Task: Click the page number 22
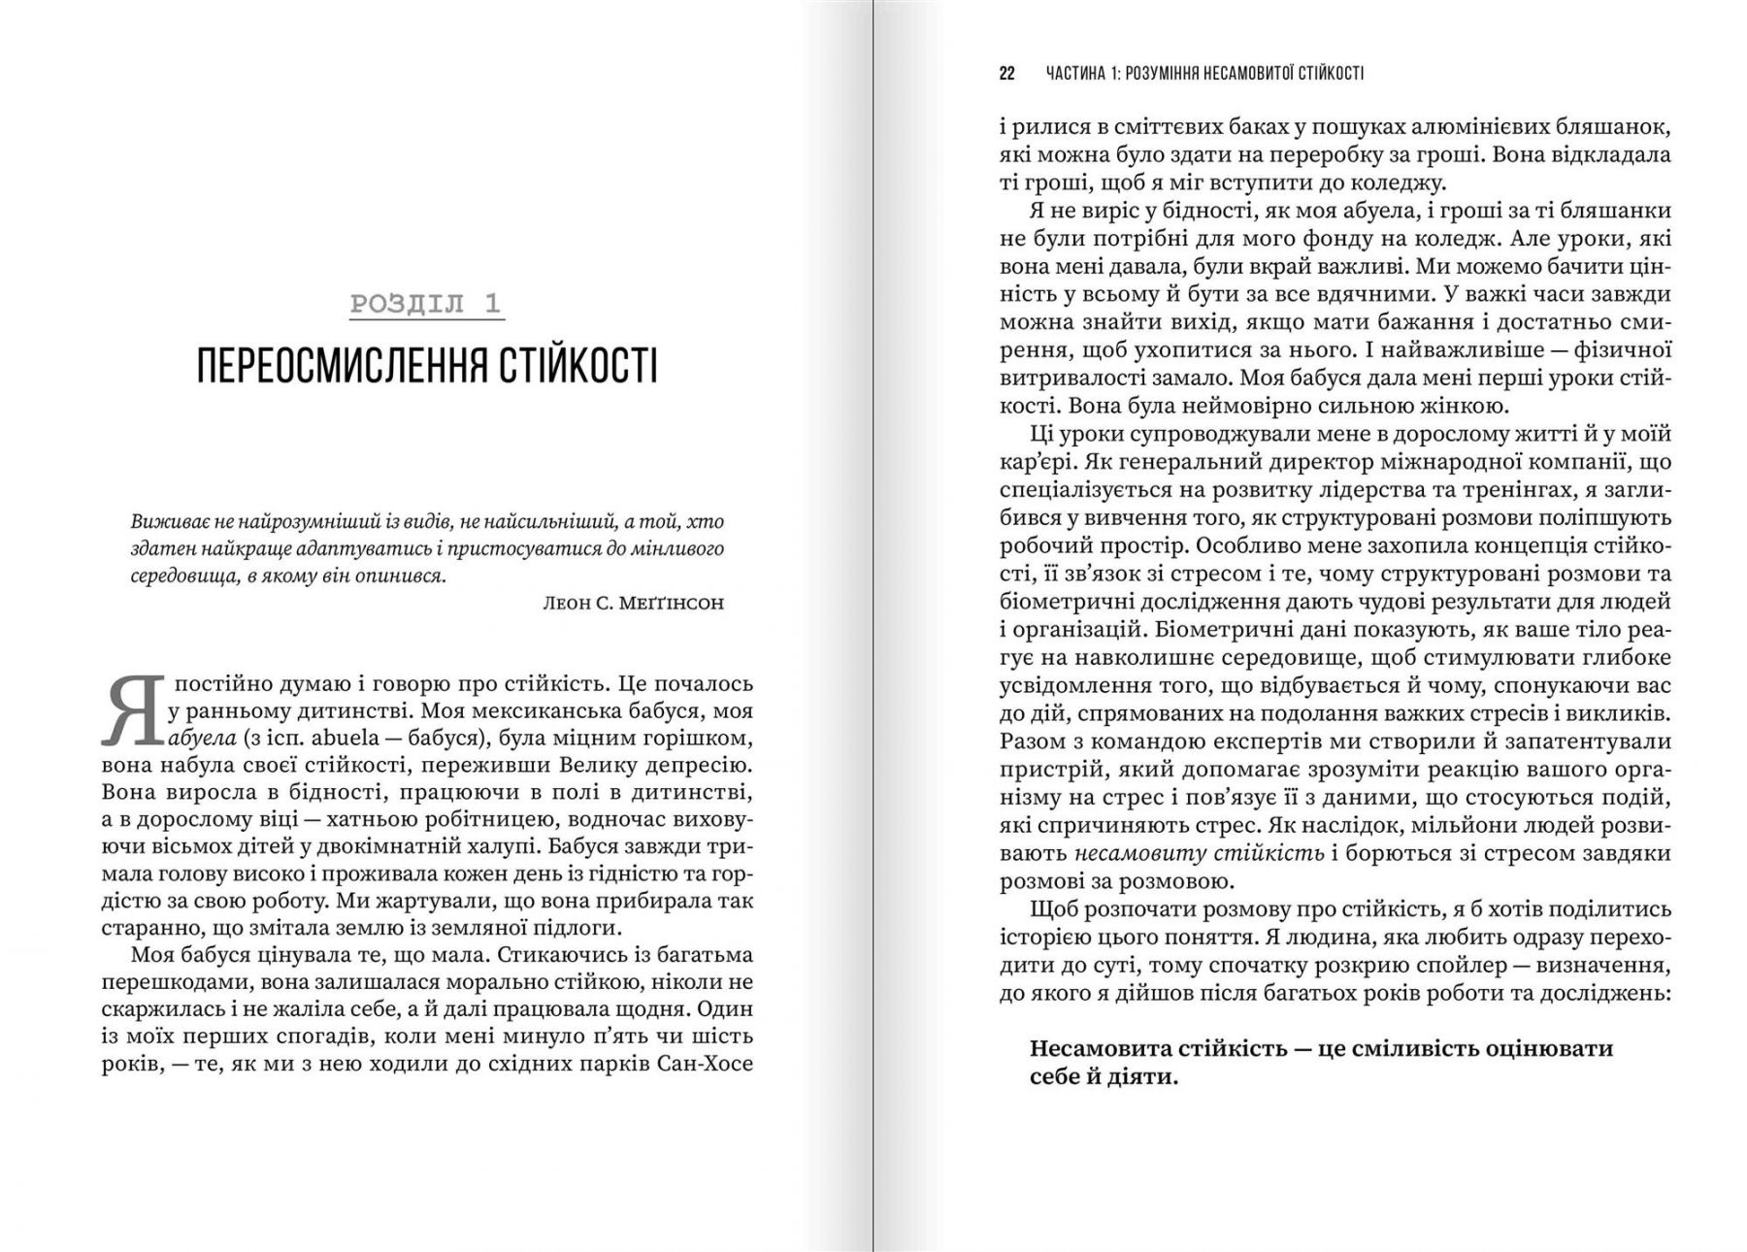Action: point(1006,74)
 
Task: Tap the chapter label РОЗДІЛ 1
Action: point(426,304)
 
